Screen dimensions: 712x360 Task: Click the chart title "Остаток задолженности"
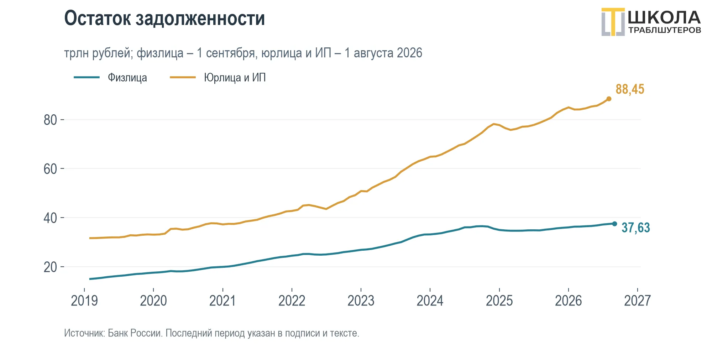coord(164,19)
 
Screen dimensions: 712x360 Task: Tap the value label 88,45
coord(630,89)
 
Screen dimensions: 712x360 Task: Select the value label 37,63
coord(635,228)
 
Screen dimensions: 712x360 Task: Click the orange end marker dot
coord(609,99)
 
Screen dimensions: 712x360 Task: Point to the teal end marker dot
coord(614,224)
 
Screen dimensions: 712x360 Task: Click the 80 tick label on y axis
coord(50,120)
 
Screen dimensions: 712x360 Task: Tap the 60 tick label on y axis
coord(50,169)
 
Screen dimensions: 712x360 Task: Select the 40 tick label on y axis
coord(50,218)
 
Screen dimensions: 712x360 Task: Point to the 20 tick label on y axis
coord(50,267)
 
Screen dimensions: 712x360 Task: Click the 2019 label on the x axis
coord(84,301)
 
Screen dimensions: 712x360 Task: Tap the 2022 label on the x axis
coord(292,301)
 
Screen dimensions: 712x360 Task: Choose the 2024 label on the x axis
coord(430,301)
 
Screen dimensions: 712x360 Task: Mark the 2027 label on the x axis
coord(638,301)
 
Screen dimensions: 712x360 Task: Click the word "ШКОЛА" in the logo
coord(664,17)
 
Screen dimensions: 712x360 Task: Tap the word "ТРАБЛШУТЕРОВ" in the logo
coord(665,30)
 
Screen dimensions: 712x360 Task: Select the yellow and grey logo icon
coord(613,22)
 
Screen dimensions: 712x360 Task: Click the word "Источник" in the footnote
coord(84,333)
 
